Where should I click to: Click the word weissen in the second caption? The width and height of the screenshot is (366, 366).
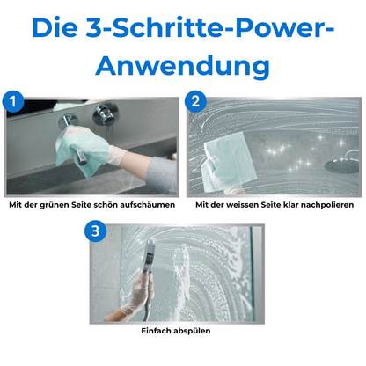point(245,204)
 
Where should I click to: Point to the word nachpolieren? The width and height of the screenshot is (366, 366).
point(326,204)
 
